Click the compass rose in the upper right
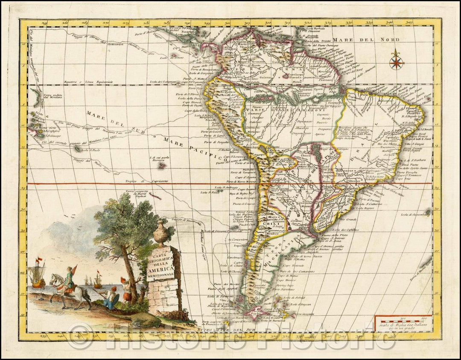396,60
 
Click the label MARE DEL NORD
366,40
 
